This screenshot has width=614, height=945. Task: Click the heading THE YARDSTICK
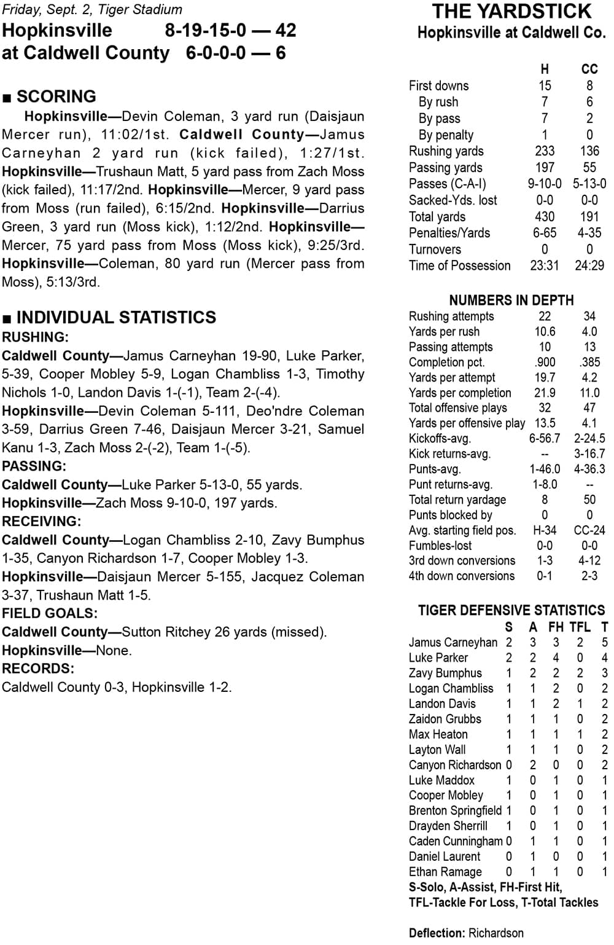511,12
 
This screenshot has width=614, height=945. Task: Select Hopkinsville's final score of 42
286,31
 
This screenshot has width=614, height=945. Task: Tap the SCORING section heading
56,96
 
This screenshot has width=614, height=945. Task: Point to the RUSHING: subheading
36,337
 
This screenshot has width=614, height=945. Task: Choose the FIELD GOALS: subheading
50,613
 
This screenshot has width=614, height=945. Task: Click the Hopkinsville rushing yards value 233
544,151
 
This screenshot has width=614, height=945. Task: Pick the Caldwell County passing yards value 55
589,167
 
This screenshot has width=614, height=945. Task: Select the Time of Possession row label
459,265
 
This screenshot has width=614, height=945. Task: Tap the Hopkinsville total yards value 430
544,216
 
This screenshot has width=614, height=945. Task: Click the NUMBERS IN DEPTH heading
511,300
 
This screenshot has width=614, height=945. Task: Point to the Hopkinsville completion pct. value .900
544,363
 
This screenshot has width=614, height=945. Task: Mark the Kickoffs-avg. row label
440,439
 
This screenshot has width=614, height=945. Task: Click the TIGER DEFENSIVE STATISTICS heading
511,610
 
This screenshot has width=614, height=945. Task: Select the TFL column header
580,627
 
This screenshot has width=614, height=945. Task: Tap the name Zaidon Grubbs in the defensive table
445,719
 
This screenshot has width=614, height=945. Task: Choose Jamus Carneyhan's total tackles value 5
605,642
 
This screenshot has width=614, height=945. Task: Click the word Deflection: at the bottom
437,933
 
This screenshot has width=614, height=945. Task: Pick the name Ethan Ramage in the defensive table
445,872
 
